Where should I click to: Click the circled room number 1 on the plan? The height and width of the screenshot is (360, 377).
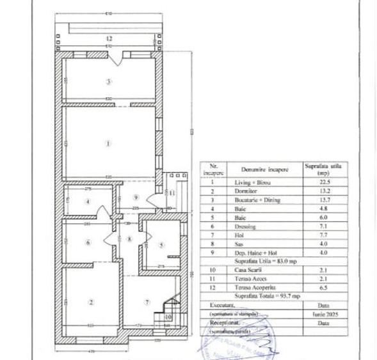[109, 143]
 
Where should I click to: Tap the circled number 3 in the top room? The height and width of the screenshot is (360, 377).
[109, 82]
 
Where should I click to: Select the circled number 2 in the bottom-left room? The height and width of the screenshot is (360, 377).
[90, 302]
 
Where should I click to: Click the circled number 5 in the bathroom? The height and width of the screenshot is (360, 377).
[161, 244]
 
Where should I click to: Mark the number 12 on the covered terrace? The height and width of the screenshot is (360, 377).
[110, 39]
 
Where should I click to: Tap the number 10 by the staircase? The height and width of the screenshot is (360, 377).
[168, 316]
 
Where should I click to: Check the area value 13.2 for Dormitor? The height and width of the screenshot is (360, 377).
[318, 191]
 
